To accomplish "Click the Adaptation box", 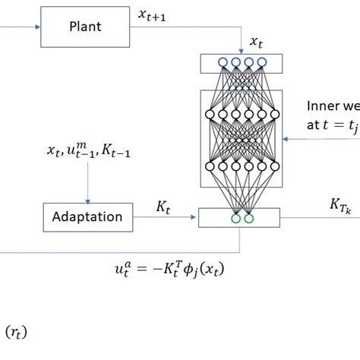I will [x=87, y=217].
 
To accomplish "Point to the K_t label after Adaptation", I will [x=163, y=205].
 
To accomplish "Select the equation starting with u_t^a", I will [x=169, y=269].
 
